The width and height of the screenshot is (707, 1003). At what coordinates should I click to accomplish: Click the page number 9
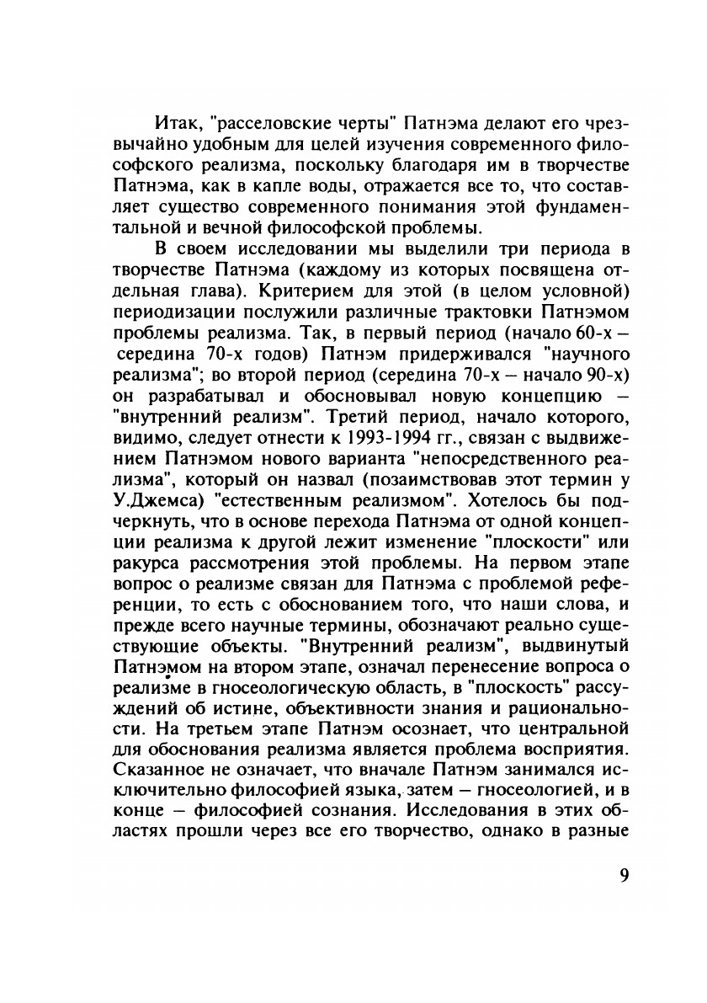(x=624, y=874)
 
